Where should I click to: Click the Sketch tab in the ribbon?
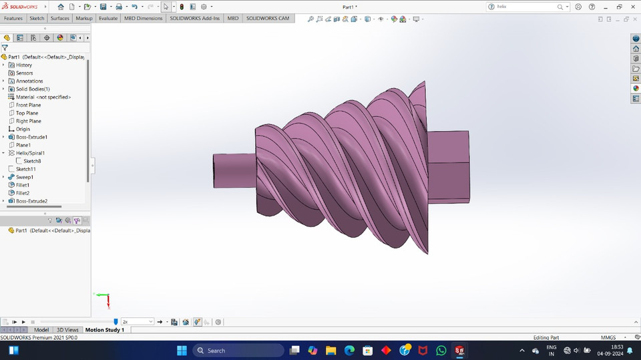click(x=37, y=18)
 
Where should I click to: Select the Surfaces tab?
click(x=60, y=18)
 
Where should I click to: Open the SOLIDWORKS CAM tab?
click(x=268, y=18)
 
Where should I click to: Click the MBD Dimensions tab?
click(x=143, y=18)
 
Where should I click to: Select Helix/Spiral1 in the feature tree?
click(x=30, y=153)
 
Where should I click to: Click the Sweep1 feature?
click(x=25, y=177)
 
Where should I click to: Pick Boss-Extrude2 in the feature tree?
click(x=31, y=201)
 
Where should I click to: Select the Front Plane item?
click(x=28, y=105)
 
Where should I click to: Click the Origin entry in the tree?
click(x=23, y=129)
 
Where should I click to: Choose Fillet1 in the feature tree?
click(x=23, y=185)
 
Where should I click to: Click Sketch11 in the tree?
click(x=25, y=169)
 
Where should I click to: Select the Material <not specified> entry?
click(x=43, y=97)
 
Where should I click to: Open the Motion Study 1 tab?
click(x=104, y=330)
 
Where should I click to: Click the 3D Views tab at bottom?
click(x=67, y=330)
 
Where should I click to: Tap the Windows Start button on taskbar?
click(x=182, y=351)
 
